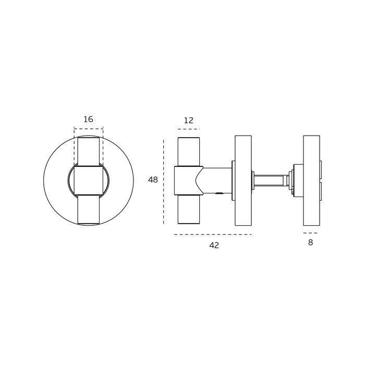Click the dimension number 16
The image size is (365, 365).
point(88,119)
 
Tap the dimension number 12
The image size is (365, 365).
point(189,120)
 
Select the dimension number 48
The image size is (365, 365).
point(153,180)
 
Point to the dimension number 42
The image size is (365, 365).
point(214,246)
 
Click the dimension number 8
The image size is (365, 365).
point(311,242)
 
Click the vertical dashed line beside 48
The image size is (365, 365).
point(163,182)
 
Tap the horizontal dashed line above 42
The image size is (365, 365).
point(213,235)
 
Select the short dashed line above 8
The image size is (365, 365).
point(310,233)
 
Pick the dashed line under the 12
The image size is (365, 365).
point(189,129)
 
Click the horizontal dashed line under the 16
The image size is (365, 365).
point(89,128)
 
